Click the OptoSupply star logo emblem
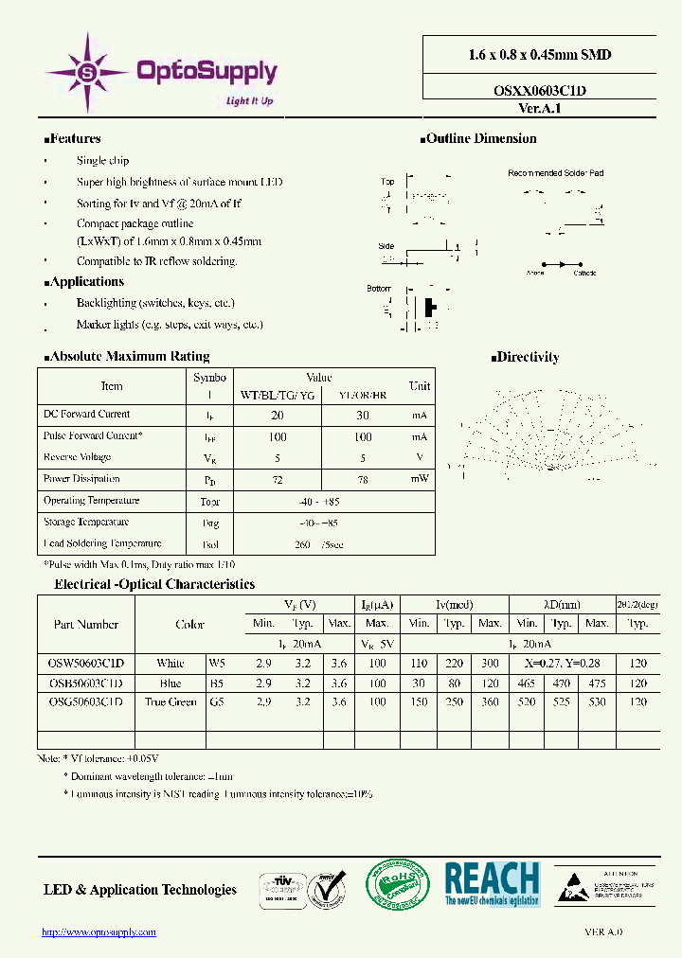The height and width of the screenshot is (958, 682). pos(88,71)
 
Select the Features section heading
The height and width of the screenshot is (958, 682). pos(74,138)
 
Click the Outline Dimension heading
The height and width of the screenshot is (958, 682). pos(480,138)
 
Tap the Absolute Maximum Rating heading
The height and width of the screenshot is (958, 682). pos(127,356)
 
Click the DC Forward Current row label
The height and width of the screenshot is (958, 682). pos(87,414)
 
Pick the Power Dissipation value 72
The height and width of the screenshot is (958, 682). pos(278,480)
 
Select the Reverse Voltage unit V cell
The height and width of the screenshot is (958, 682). pos(419,457)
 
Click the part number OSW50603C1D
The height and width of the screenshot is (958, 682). pos(86,663)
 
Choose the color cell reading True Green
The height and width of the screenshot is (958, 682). pos(170,701)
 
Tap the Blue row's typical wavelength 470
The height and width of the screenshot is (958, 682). pos(562,683)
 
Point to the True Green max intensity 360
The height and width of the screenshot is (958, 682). pos(490,701)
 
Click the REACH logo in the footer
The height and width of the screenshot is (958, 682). pos(492,884)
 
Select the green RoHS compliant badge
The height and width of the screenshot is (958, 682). pos(398,884)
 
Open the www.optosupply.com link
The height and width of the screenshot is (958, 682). pos(99,932)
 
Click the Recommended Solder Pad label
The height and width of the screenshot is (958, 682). pos(555,173)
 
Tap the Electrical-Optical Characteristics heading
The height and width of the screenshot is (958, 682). pos(154,584)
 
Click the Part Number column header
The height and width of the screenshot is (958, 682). pos(86,624)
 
